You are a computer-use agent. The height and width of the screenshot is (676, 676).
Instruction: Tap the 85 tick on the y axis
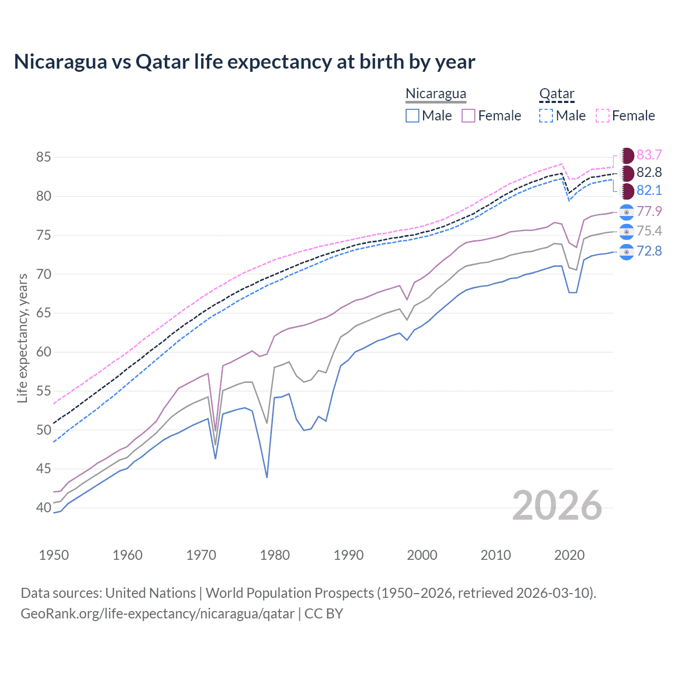[x=43, y=157]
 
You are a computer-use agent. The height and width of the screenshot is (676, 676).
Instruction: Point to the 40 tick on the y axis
[x=43, y=508]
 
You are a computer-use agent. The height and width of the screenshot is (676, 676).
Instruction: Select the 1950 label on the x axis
[x=54, y=555]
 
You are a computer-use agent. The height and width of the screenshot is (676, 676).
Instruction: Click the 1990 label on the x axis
[x=349, y=555]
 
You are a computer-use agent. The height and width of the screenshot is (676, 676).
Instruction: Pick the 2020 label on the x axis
[x=569, y=555]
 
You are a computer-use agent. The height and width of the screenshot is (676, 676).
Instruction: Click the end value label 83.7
[x=649, y=155]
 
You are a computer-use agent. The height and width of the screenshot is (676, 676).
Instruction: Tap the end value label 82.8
[x=649, y=173]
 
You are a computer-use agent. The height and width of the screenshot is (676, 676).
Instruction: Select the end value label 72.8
[x=649, y=251]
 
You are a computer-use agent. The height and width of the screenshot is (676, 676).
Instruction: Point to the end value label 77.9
[x=649, y=212]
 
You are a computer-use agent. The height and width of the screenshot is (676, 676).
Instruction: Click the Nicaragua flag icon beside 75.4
[x=626, y=231]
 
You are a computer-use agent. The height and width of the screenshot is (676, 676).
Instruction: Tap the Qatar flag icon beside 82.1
[x=626, y=191]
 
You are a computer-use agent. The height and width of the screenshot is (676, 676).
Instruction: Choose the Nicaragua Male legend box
[x=412, y=116]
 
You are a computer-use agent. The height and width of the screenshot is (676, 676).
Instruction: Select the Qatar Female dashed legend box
[x=603, y=116]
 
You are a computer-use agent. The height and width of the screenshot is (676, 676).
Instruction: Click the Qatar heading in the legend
[x=557, y=94]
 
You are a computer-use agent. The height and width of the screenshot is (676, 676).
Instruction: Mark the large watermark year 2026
[x=557, y=506]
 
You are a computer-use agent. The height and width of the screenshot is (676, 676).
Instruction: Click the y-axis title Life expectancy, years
[x=22, y=338]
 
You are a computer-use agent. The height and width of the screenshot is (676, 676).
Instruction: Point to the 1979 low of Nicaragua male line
[x=267, y=477]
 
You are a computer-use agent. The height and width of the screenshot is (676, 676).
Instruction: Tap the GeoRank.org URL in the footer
[x=157, y=614]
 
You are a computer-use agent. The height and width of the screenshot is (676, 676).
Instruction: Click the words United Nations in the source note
[x=151, y=593]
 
